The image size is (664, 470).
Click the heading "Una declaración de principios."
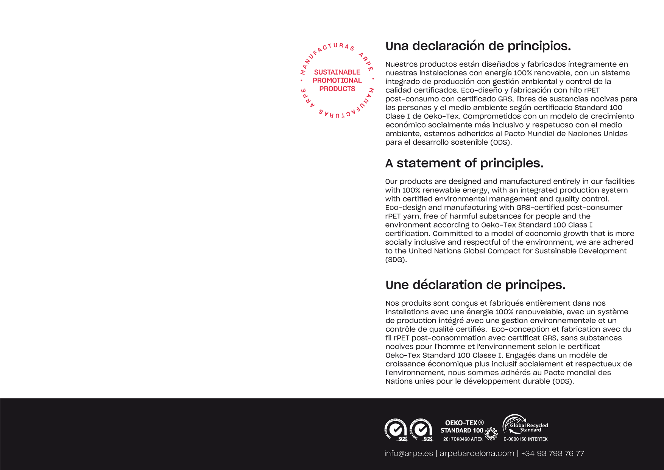click(478, 46)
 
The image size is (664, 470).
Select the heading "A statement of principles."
click(464, 163)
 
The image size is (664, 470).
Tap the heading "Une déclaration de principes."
click(475, 285)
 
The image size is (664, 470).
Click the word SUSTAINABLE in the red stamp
click(337, 72)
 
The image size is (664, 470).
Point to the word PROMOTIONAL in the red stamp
click(337, 80)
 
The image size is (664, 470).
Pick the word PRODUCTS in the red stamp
click(337, 89)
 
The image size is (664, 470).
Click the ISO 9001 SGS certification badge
click(396, 430)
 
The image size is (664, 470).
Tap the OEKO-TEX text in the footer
click(461, 423)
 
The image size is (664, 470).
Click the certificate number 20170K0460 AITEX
click(463, 439)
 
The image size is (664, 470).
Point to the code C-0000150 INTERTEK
click(525, 439)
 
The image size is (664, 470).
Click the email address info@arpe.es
click(408, 453)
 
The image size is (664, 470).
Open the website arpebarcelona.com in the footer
click(477, 453)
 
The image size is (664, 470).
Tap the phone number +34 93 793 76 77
click(552, 453)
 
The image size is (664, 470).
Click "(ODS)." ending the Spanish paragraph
click(501, 142)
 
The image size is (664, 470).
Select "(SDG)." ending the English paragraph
click(396, 260)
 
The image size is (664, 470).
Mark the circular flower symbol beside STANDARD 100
click(491, 434)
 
